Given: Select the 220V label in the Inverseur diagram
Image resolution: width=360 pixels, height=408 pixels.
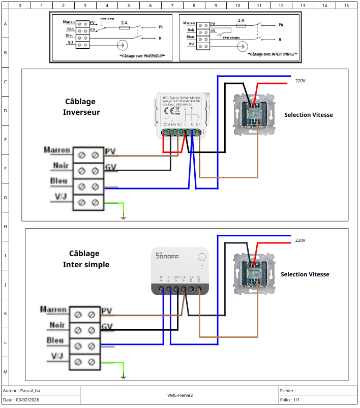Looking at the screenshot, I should pos(300,81).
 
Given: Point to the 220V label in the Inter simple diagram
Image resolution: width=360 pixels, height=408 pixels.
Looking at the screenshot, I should pos(300,240).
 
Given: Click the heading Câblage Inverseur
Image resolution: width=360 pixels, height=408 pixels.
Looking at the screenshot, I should pos(81,107).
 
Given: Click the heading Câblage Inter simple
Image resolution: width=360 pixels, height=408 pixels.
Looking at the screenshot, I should pos(85,259).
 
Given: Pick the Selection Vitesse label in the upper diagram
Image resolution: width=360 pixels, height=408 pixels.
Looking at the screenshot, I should pos(308,115).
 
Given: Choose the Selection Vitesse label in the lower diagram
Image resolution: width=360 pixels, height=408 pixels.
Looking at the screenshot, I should pos(305,274).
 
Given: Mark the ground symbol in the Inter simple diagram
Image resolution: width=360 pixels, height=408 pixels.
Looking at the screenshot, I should pos(123,377).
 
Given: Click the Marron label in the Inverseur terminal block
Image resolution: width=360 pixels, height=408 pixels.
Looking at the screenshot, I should pos(57,150).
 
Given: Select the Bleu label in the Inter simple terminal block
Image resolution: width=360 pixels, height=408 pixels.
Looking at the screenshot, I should pos(55,340).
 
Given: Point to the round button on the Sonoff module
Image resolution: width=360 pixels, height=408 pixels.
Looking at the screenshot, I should pos(202,258).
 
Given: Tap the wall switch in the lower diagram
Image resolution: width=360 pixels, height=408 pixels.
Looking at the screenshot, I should pos(253,274).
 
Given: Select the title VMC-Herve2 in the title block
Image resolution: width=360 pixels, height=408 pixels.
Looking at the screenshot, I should pos(180,395).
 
